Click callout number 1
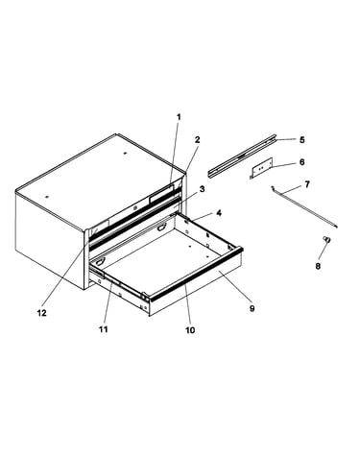179,117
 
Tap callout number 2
197,139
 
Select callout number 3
202,189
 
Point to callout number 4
219,212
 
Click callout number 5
301,140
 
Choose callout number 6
301,162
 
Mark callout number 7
307,184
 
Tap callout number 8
318,266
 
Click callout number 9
252,308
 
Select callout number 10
190,330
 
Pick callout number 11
103,329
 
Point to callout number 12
41,313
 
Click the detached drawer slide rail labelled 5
242,156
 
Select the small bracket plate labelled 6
261,168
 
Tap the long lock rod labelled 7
303,207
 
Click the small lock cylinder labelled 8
326,239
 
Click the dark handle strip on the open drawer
196,275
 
